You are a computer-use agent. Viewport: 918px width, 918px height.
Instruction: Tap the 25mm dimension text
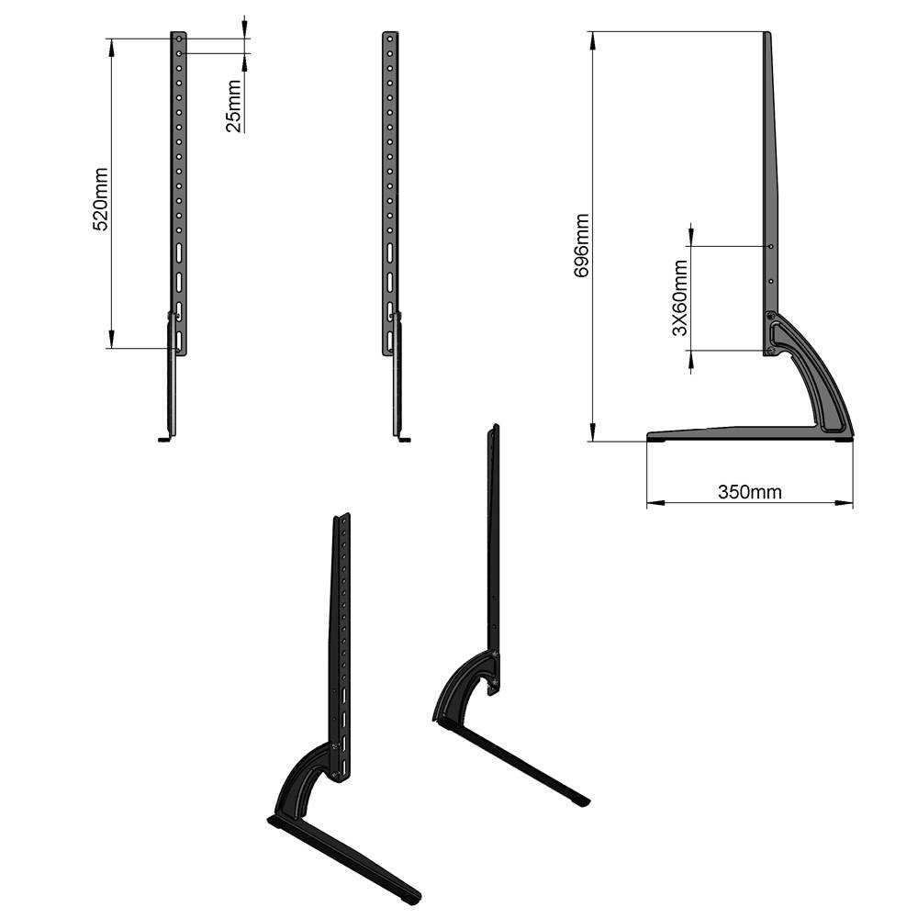(234, 106)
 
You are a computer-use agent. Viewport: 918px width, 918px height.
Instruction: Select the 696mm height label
(582, 246)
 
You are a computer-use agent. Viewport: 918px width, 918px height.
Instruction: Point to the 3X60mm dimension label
(679, 297)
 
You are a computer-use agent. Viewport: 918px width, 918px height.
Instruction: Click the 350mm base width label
(749, 492)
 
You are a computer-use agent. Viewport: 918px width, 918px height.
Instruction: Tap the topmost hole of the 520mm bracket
(180, 40)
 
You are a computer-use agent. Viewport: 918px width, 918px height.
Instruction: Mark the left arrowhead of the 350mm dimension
(653, 503)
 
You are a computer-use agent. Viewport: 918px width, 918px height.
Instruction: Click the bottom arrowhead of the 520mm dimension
(112, 341)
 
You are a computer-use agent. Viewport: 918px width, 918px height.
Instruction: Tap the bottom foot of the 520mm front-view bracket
(165, 439)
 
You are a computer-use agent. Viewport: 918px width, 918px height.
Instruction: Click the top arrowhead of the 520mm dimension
(112, 44)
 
